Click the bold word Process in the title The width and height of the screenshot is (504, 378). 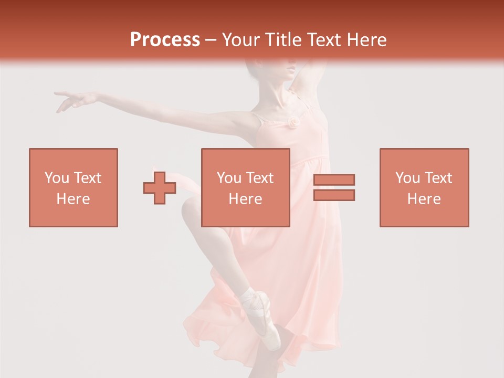click(x=165, y=40)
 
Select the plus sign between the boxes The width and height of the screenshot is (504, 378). click(x=160, y=188)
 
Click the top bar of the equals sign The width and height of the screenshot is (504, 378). click(x=334, y=180)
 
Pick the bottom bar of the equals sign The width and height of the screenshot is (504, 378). click(x=334, y=195)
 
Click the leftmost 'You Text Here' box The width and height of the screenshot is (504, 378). click(x=73, y=187)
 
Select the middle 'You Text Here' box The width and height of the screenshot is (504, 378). click(x=245, y=187)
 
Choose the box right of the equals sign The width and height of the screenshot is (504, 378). click(x=424, y=187)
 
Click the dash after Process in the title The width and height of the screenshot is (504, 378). click(x=211, y=40)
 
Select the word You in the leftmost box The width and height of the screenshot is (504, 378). click(x=56, y=178)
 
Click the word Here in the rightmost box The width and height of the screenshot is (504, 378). click(x=424, y=198)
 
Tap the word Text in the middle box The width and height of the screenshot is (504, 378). click(x=260, y=178)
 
